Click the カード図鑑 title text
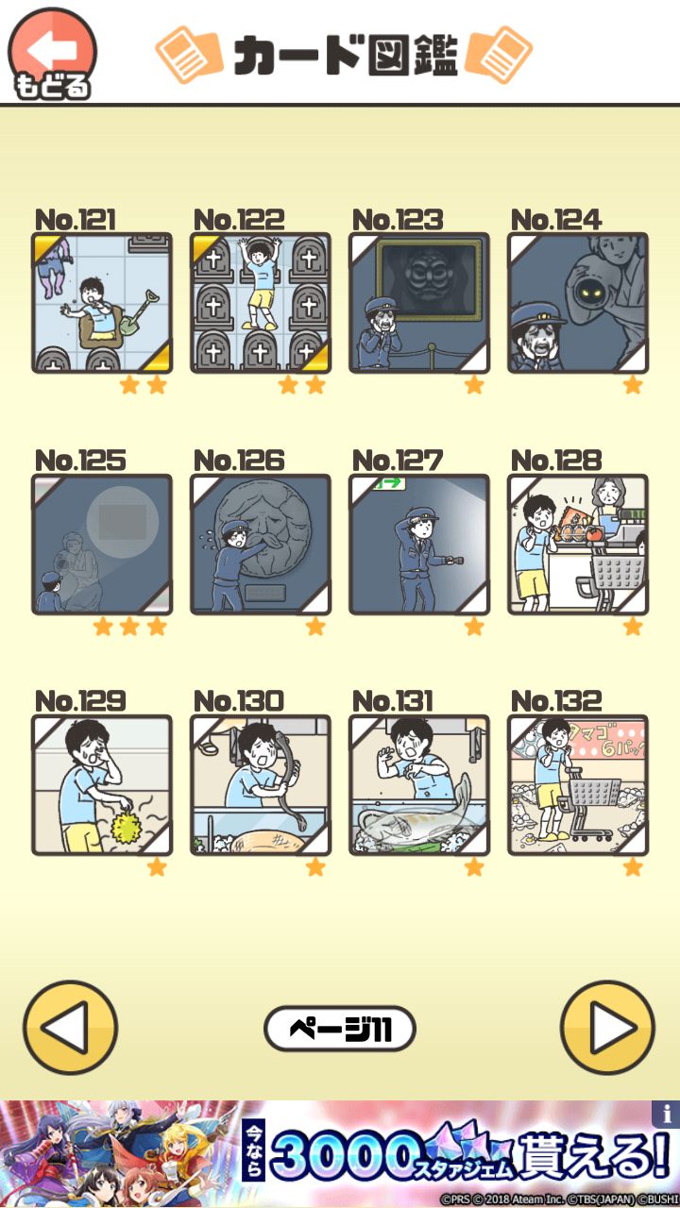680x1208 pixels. pyautogui.click(x=345, y=56)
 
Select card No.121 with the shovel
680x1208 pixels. pyautogui.click(x=102, y=303)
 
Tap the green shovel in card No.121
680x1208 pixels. pyautogui.click(x=143, y=310)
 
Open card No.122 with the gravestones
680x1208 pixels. pyautogui.click(x=261, y=303)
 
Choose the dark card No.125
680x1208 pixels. pyautogui.click(x=102, y=545)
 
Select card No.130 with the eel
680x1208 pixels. pyautogui.click(x=261, y=785)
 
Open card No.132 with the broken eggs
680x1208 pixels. pyautogui.click(x=578, y=785)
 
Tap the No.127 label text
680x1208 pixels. pyautogui.click(x=398, y=461)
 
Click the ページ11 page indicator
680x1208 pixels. pyautogui.click(x=340, y=1029)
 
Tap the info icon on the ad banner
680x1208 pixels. pyautogui.click(x=665, y=1114)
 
